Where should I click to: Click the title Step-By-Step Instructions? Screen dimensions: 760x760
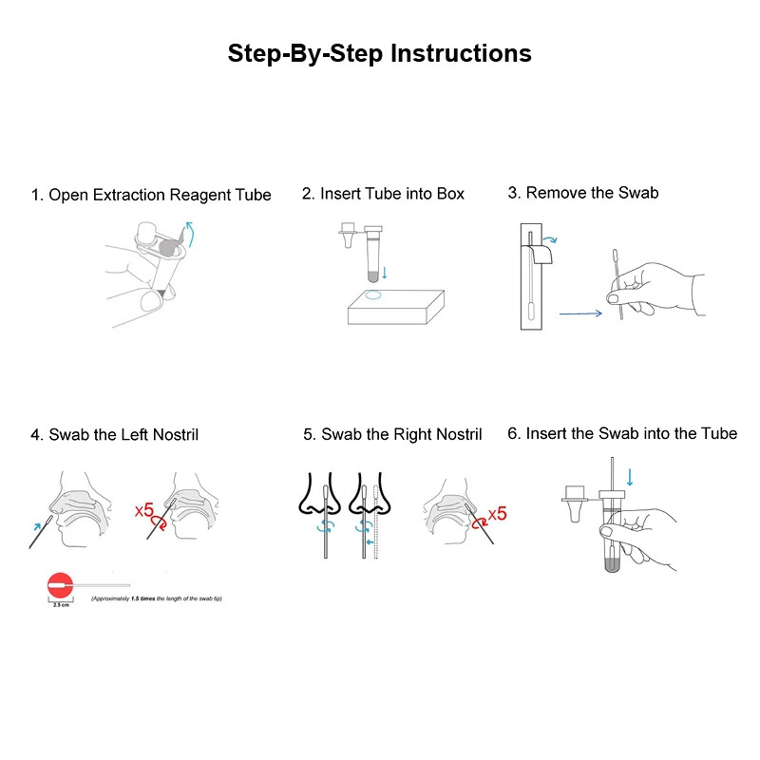[x=379, y=53]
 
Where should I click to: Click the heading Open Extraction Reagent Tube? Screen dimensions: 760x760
[x=151, y=195]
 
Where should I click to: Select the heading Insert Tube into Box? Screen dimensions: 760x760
[x=383, y=194]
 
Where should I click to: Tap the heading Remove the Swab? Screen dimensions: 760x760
[x=582, y=193]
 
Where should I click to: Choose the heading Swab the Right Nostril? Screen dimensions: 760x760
[x=392, y=434]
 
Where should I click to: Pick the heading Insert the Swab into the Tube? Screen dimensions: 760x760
[x=621, y=433]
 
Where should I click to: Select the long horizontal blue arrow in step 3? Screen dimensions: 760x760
[x=579, y=312]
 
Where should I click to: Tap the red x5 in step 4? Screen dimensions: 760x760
[x=144, y=511]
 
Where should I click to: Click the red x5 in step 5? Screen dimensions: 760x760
[x=496, y=515]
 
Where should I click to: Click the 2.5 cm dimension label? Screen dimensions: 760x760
[x=60, y=605]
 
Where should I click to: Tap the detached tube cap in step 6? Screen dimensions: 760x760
[x=576, y=503]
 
